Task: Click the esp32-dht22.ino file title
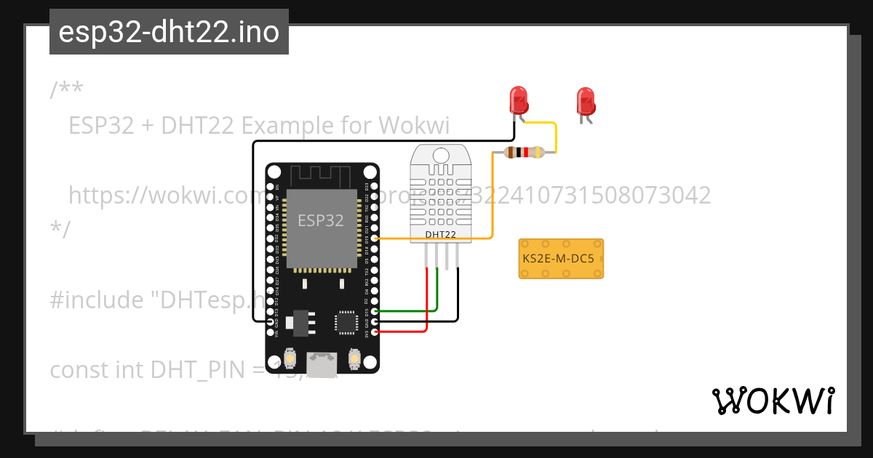pyautogui.click(x=169, y=32)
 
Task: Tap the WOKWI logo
pyautogui.click(x=773, y=401)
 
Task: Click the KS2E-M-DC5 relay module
pyautogui.click(x=561, y=259)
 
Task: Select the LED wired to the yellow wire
pyautogui.click(x=518, y=100)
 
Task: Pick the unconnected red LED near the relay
pyautogui.click(x=585, y=102)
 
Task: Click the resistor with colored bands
pyautogui.click(x=523, y=152)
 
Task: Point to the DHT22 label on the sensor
pyautogui.click(x=440, y=234)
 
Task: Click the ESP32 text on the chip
pyautogui.click(x=321, y=220)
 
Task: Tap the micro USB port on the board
pyautogui.click(x=321, y=365)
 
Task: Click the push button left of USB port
pyautogui.click(x=290, y=359)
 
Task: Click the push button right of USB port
pyautogui.click(x=354, y=359)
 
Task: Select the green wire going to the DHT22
pyautogui.click(x=436, y=291)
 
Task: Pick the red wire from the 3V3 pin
pyautogui.click(x=426, y=305)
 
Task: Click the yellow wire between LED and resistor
pyautogui.click(x=556, y=134)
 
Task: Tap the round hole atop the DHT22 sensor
pyautogui.click(x=440, y=155)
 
